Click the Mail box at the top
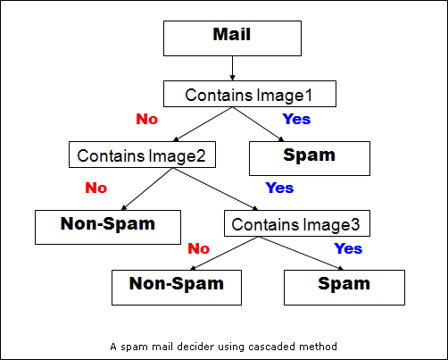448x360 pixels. pos(232,38)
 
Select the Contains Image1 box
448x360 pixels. pos(250,94)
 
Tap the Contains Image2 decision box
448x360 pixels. pos(142,155)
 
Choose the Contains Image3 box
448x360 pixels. pos(297,223)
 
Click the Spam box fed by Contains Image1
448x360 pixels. pos(310,158)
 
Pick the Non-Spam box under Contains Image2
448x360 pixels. pos(108,228)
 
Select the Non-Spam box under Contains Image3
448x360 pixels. pos(177,288)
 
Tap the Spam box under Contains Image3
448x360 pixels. pos(344,288)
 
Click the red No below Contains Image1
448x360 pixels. pos(147,119)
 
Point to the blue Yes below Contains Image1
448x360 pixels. pos(296,119)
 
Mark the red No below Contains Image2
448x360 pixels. pos(96,188)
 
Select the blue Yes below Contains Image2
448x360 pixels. pos(279,188)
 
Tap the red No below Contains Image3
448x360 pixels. pos(199,248)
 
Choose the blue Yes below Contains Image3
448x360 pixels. pos(348,248)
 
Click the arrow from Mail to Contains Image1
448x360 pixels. pos(233,68)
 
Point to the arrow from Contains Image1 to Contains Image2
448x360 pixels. pos(203,124)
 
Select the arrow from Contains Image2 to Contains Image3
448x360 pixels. pos(216,189)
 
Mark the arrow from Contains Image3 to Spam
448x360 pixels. pos(301,254)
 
